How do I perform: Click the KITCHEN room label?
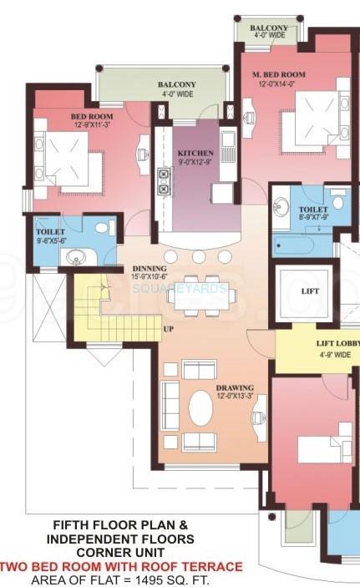[x=195, y=154]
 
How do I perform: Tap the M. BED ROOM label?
[x=279, y=75]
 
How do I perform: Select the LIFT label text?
[x=311, y=291]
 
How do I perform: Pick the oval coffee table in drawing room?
[x=200, y=408]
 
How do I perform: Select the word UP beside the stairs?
[x=168, y=329]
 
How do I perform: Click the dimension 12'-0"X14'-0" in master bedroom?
[x=279, y=85]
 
